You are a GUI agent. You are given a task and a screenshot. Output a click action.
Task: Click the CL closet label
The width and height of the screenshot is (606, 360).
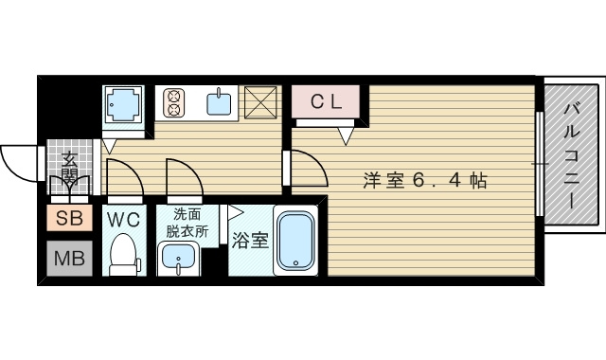coord(326,100)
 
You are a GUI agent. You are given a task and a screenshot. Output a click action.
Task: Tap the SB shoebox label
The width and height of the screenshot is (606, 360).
coord(69,220)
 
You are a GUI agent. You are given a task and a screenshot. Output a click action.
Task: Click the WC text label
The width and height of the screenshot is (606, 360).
coord(123,220)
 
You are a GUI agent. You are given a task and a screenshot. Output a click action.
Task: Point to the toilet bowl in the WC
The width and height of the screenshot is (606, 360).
coord(123,254)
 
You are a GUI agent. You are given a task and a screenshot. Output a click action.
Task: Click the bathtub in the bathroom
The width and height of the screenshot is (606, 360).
coord(297,241)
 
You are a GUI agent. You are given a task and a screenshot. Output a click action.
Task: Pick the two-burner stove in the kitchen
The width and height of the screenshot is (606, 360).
coord(174,100)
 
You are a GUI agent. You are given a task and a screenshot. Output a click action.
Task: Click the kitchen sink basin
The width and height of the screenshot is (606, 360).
coord(220,101)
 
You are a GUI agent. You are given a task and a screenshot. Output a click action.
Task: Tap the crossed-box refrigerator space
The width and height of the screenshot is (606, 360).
coord(259,101)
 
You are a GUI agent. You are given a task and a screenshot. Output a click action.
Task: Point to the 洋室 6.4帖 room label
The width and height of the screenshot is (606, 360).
coord(424,180)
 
